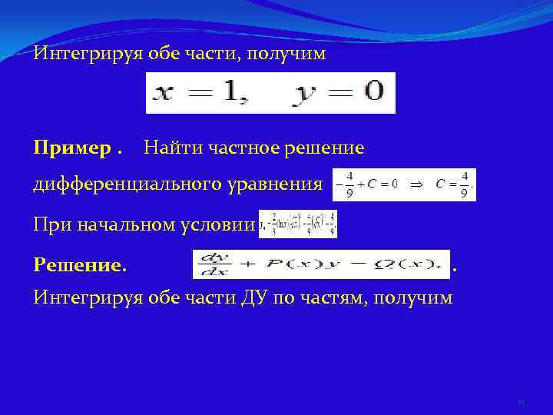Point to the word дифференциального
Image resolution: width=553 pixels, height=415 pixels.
pyautogui.click(x=124, y=185)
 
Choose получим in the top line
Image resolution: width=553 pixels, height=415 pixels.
pyautogui.click(x=291, y=54)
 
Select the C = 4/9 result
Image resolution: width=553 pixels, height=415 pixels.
pyautogui.click(x=452, y=184)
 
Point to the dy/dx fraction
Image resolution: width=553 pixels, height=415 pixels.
pyautogui.click(x=209, y=264)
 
